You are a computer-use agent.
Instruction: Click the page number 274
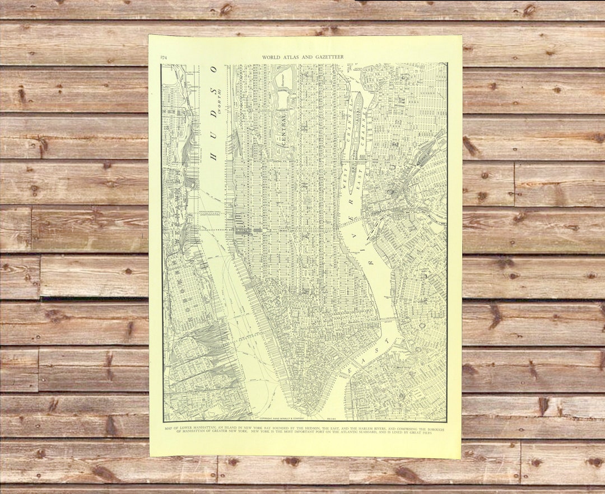(164, 58)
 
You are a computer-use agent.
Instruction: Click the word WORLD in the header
(271, 58)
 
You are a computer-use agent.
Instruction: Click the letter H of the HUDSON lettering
(214, 153)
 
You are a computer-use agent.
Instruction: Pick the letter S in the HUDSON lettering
(213, 90)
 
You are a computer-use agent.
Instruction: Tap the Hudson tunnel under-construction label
(212, 214)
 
